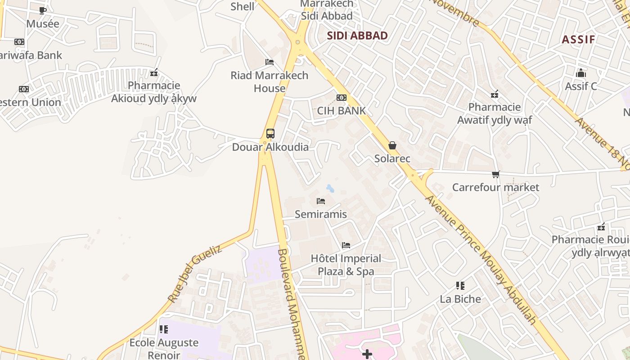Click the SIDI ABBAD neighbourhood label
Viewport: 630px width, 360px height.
(357, 36)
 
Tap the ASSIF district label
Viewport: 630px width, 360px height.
(578, 39)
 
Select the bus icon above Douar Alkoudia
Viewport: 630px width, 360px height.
(270, 134)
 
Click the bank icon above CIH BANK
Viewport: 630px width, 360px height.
(342, 98)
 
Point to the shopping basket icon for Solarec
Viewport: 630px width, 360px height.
(392, 145)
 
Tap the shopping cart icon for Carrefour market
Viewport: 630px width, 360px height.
(495, 174)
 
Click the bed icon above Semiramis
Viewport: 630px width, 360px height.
(320, 201)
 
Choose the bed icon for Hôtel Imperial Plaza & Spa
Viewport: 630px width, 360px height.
(346, 245)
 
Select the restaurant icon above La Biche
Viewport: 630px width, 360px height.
(460, 286)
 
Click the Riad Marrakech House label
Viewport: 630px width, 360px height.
(270, 81)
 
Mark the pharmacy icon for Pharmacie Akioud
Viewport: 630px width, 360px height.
(154, 72)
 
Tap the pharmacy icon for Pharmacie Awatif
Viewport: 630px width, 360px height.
(495, 94)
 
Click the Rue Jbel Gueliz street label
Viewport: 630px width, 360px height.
(194, 273)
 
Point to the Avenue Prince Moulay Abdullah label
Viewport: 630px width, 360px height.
(481, 260)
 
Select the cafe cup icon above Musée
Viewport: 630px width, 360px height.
(43, 10)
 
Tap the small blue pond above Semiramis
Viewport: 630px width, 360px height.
(330, 188)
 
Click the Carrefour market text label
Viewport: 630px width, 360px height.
(495, 187)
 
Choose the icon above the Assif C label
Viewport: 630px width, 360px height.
(581, 73)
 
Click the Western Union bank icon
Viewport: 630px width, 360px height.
(24, 89)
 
